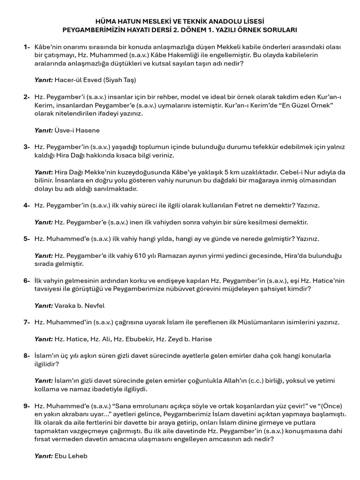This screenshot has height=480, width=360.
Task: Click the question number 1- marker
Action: tap(27, 47)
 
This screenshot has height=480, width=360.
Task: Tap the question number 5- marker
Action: tap(27, 239)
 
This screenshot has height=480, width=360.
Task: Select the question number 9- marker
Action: tap(27, 406)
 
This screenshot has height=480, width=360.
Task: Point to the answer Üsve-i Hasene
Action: tap(77, 130)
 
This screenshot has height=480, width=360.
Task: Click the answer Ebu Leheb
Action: tap(71, 456)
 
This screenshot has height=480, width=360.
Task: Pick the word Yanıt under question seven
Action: tap(44, 339)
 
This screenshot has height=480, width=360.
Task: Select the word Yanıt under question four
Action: tap(44, 222)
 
